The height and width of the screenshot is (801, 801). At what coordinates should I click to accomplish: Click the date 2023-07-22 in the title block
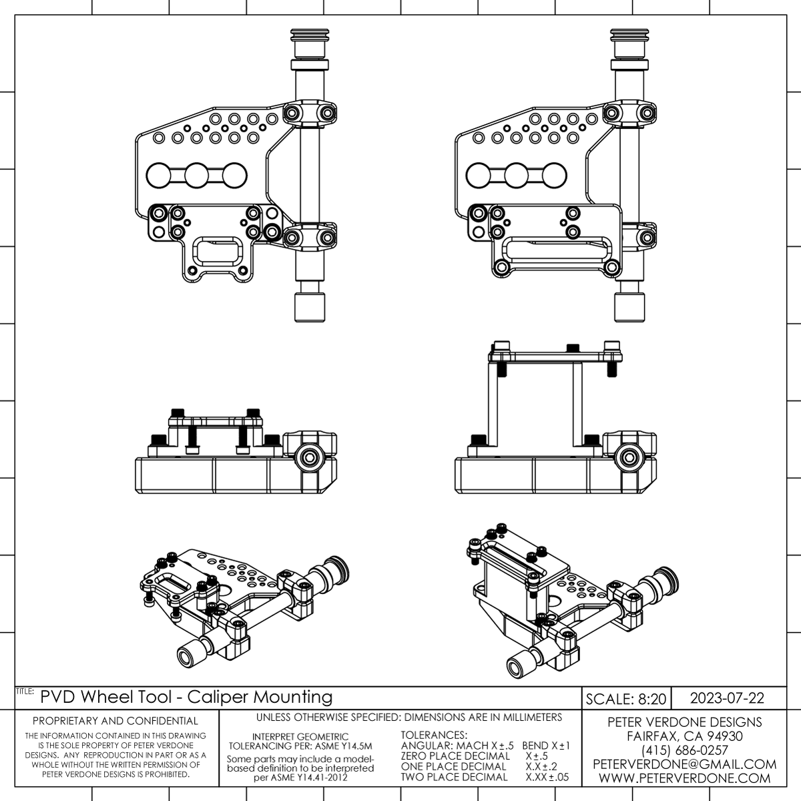point(727,698)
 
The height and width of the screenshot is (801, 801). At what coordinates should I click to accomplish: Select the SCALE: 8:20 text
point(626,699)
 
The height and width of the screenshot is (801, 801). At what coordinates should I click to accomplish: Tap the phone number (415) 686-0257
point(684,750)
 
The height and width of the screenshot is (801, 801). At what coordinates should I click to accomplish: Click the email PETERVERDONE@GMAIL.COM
point(684,764)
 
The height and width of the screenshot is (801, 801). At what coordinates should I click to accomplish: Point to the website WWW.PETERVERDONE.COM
point(684,778)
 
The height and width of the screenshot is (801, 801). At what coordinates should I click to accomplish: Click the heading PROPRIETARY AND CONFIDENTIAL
point(115,721)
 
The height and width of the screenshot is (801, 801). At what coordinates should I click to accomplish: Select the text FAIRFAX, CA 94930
point(684,736)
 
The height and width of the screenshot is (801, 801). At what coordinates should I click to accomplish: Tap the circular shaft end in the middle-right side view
point(628,457)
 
